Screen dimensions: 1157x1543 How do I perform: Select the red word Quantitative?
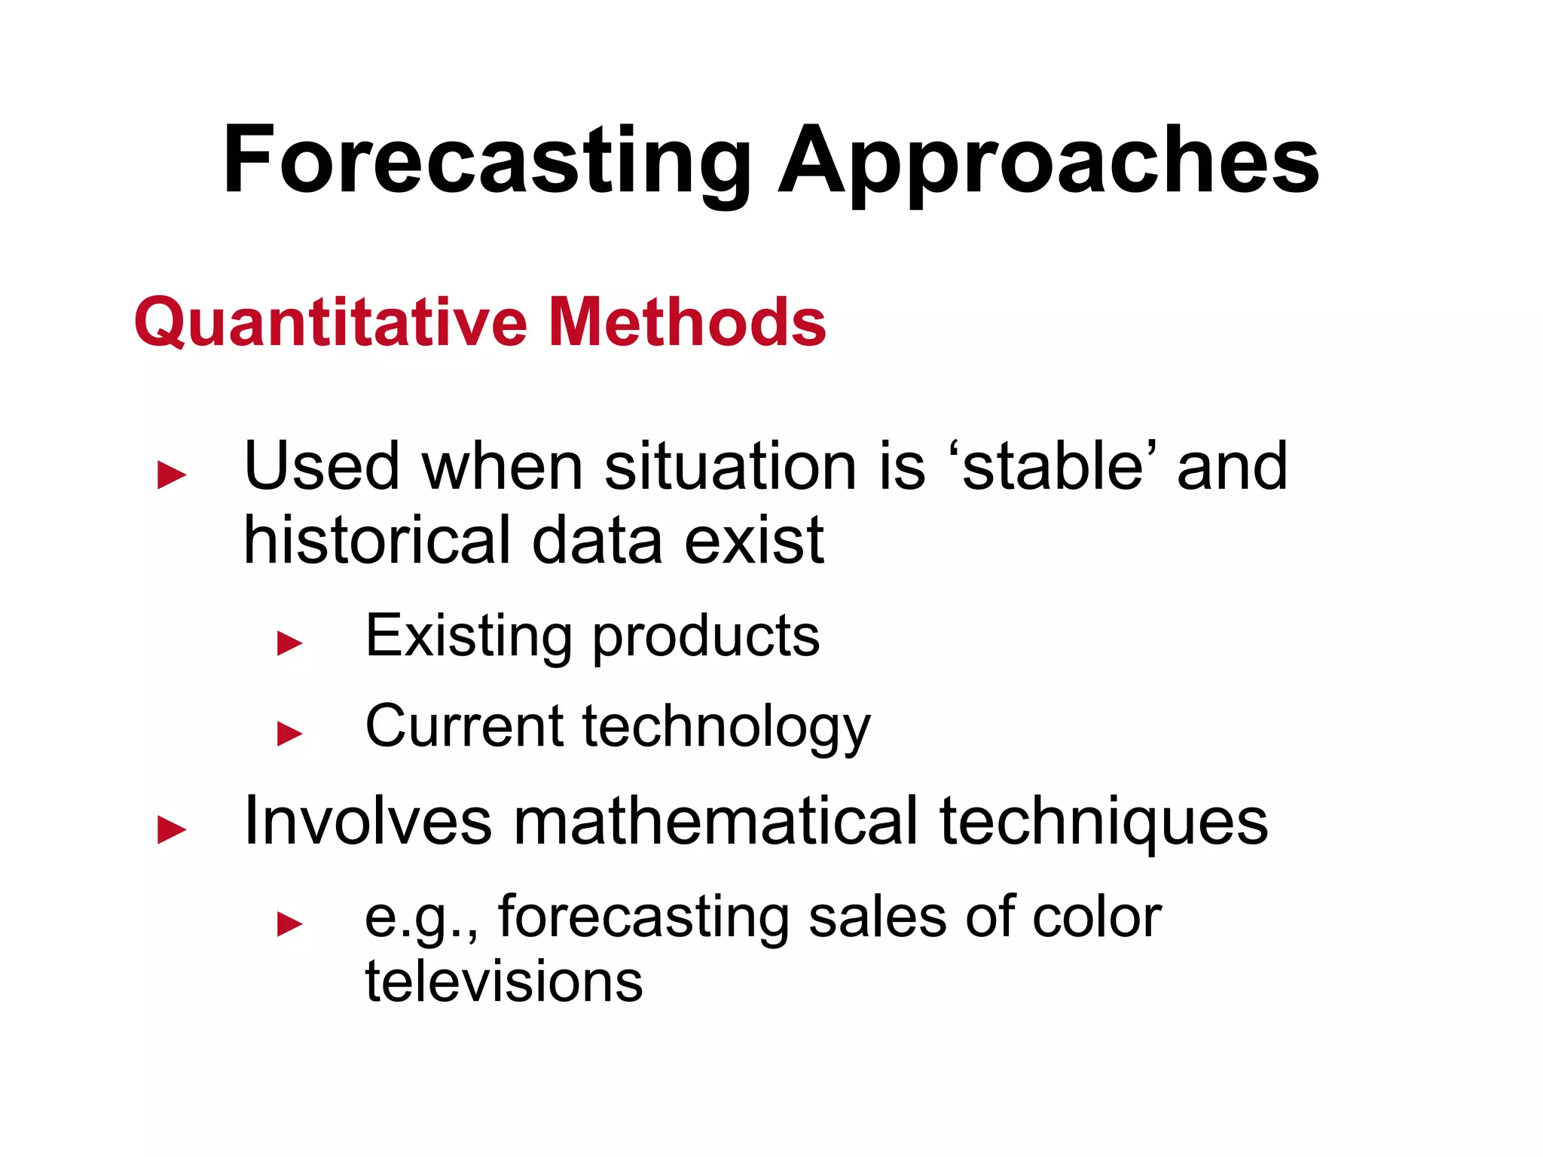331,322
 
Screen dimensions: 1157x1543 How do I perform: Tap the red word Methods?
687,322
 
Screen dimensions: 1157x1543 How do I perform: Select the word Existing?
468,636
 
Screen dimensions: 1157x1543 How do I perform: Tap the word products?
706,637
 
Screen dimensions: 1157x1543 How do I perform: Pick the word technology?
726,727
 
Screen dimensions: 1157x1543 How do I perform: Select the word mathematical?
716,821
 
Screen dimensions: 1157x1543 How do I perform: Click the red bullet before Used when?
172,475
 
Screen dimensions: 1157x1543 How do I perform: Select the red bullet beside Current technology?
290,733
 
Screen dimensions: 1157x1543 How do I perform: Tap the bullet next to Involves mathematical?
172,830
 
